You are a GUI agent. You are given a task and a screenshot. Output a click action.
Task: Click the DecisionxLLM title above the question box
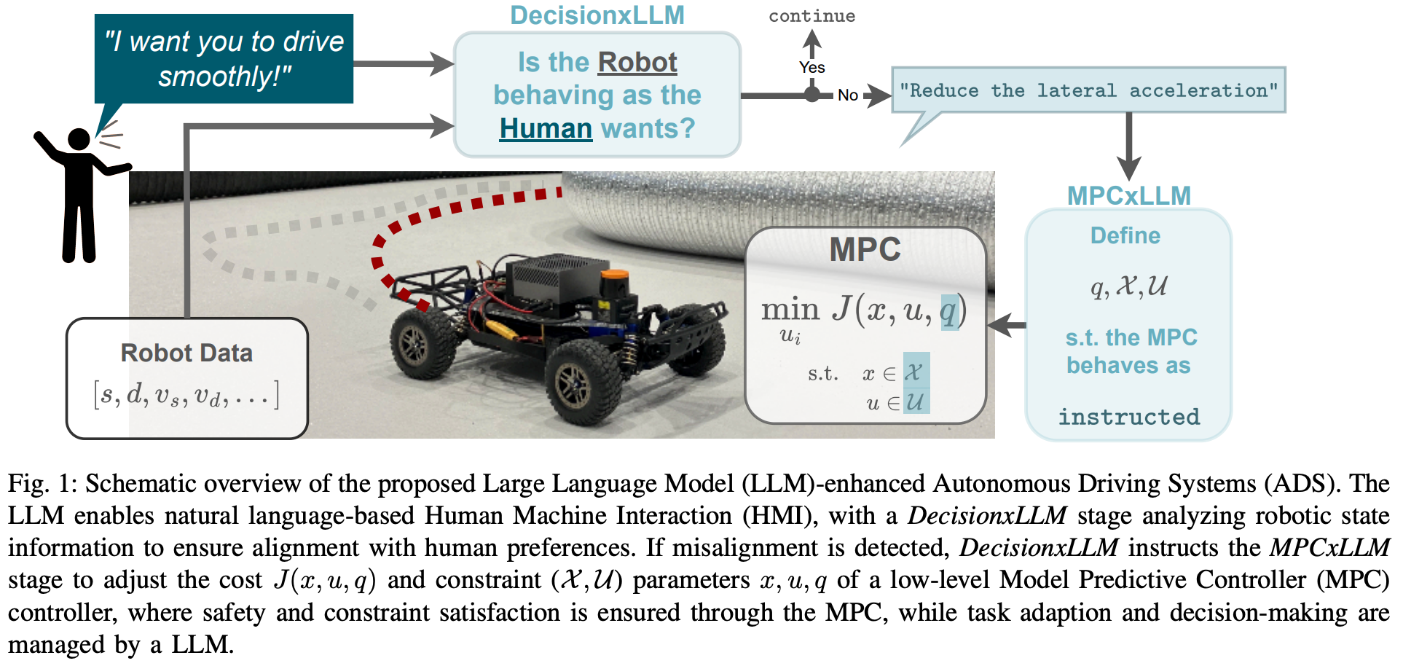tap(597, 15)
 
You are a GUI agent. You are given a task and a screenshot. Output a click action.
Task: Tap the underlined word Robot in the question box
tap(637, 63)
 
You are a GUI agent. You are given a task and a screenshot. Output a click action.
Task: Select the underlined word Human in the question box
tap(546, 129)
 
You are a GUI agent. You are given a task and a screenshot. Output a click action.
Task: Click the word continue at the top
tap(811, 16)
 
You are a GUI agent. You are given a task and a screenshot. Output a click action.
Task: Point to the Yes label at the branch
tap(811, 68)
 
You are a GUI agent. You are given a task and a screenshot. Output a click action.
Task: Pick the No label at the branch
tap(847, 95)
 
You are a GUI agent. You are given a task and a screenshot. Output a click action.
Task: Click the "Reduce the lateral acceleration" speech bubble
tap(1088, 90)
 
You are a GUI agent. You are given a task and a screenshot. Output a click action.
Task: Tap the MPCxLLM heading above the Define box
tap(1128, 195)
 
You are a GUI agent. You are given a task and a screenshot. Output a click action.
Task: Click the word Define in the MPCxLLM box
tap(1125, 235)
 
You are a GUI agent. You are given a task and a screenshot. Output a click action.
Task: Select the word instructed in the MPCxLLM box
tap(1128, 417)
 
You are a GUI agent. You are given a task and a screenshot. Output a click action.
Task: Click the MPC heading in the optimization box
tap(865, 250)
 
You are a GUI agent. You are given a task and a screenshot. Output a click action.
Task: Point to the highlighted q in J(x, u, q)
tap(948, 311)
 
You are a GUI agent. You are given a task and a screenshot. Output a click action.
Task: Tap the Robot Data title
tap(186, 353)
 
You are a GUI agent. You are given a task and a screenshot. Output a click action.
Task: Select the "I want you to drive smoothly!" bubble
tap(224, 58)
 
